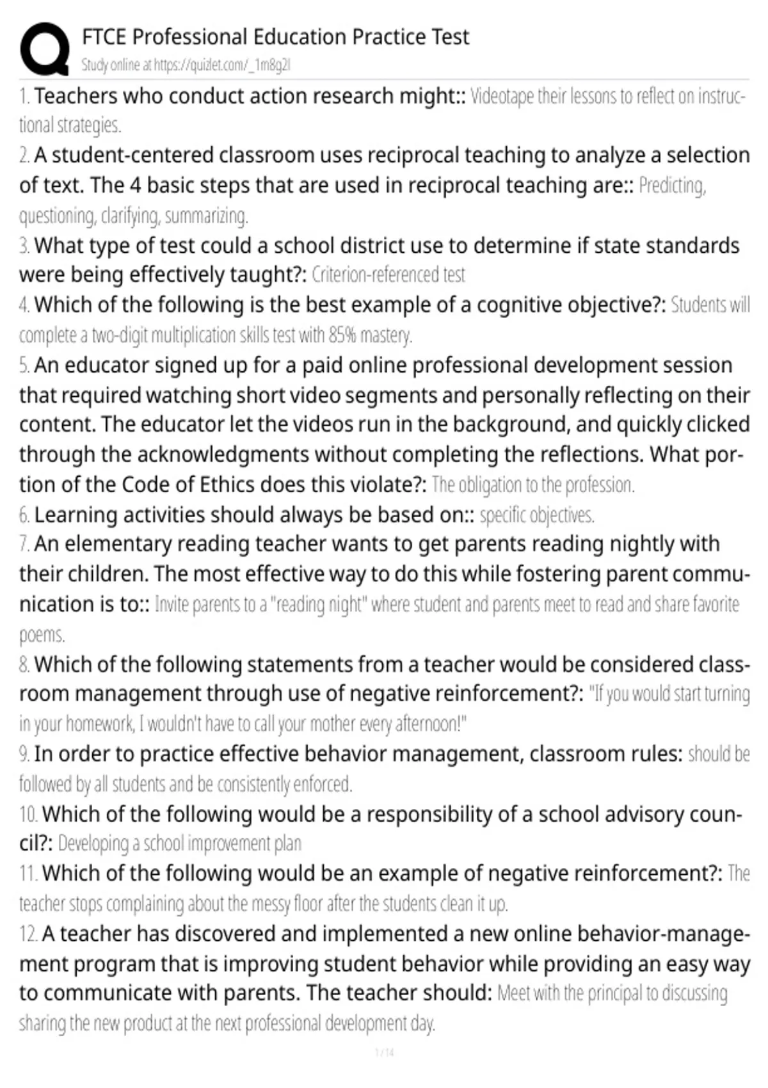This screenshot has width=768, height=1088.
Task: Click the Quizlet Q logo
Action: click(44, 48)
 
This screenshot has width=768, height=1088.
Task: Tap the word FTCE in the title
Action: click(104, 37)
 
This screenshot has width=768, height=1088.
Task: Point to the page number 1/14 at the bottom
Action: click(384, 1052)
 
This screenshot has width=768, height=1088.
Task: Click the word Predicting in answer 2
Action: click(671, 186)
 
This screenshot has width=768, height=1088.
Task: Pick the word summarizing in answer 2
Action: click(206, 216)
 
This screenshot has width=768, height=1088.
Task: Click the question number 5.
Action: click(24, 365)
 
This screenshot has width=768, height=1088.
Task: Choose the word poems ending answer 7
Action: click(42, 635)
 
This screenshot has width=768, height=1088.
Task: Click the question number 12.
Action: click(28, 934)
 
